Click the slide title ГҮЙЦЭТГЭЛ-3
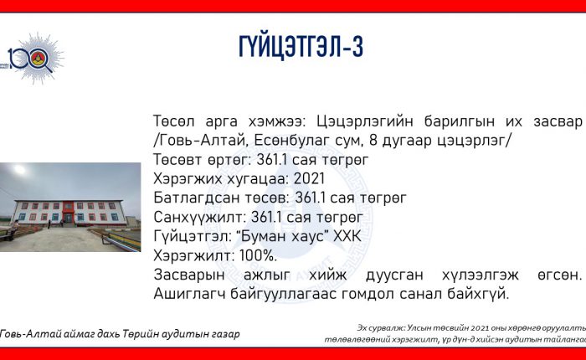tap(301, 47)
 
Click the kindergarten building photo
tap(70, 207)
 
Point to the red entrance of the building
tap(69, 213)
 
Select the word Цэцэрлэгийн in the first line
tap(365, 121)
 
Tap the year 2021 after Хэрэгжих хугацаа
tap(309, 178)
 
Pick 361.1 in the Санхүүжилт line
tap(266, 217)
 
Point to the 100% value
tap(258, 255)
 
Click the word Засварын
tap(189, 275)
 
